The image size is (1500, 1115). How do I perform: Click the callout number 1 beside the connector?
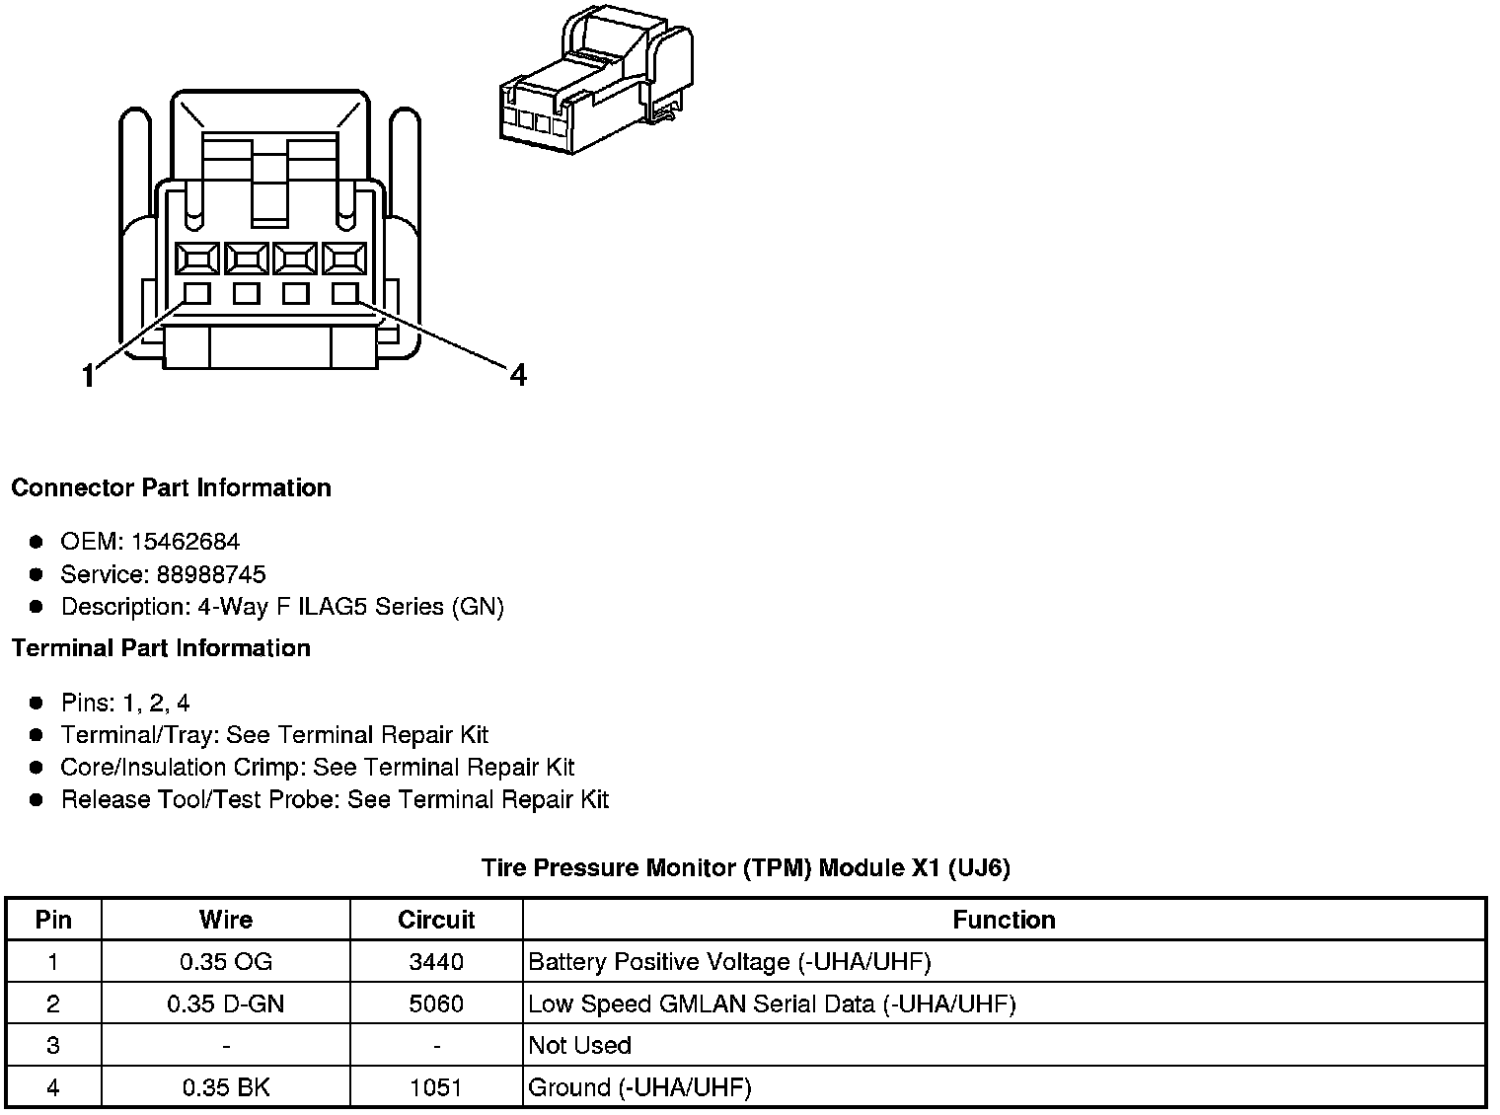[x=89, y=376]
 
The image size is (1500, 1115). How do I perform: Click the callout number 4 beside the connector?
[x=518, y=375]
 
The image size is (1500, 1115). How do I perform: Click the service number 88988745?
[x=211, y=574]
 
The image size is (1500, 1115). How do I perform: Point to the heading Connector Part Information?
[x=171, y=487]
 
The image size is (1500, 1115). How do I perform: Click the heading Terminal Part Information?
[x=161, y=648]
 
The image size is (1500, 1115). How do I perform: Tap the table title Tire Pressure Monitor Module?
[x=745, y=867]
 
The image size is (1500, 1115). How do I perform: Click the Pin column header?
[x=53, y=920]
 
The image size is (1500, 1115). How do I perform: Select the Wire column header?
[x=225, y=920]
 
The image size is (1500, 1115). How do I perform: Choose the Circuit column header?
[x=436, y=920]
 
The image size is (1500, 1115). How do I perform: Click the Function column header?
[x=1004, y=920]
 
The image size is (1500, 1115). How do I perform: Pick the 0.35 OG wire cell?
[x=225, y=962]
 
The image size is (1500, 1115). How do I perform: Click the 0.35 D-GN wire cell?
[x=225, y=1004]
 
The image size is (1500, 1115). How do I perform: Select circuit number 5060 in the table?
[x=436, y=1004]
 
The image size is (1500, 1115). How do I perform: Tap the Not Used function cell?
[x=580, y=1046]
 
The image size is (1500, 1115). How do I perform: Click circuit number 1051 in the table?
[x=436, y=1088]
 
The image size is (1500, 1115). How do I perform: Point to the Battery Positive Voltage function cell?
[x=729, y=962]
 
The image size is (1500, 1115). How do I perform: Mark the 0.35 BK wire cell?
[x=225, y=1088]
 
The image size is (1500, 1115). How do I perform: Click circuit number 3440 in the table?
[x=436, y=962]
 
